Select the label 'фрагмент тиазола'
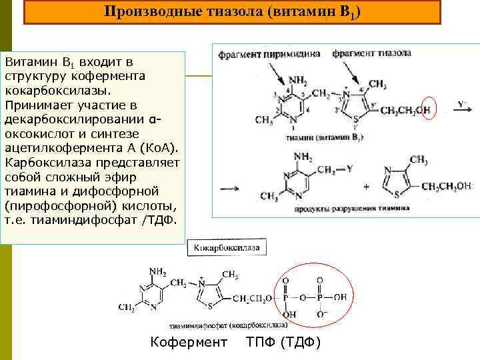point(371,53)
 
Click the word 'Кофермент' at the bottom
point(189,343)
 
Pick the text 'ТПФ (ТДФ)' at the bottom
point(284,343)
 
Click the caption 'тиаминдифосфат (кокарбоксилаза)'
point(229,325)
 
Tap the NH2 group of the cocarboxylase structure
point(158,272)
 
